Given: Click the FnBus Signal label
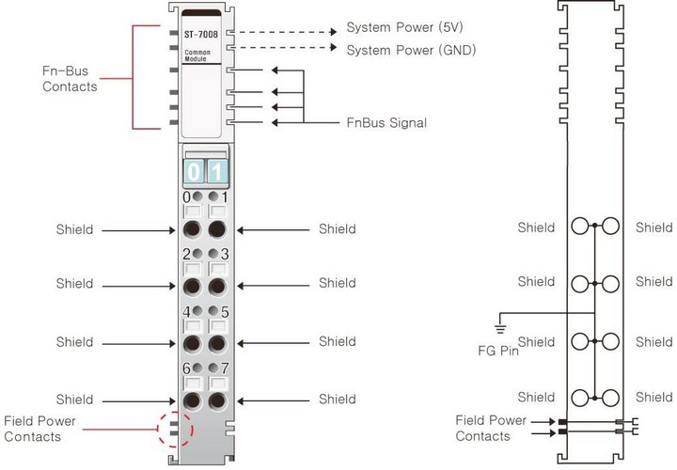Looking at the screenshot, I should (386, 122).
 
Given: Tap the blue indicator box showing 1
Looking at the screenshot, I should (216, 172).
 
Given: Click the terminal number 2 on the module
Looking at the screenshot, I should (186, 255).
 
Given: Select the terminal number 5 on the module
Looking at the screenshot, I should (225, 311).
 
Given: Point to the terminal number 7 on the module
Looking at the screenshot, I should (225, 368).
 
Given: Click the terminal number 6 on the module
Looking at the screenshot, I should (186, 368).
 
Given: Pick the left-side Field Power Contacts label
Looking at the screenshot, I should (39, 429).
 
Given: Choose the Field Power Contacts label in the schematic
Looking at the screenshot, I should (490, 428).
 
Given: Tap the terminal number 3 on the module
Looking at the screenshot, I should (225, 255).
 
